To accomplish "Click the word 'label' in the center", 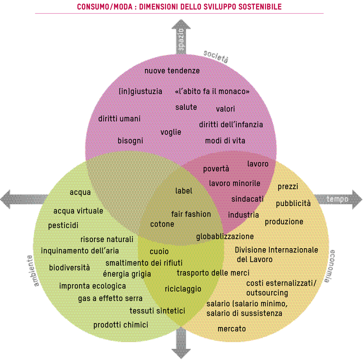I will coord(184,191).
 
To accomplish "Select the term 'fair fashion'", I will coord(191,214).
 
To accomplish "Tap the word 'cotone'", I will coord(162,224).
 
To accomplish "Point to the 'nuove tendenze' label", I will coord(172,71).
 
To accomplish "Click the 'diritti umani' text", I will coord(119,119).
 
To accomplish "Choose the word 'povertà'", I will coord(216,169).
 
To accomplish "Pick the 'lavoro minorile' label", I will coord(234,183).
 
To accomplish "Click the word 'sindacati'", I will coord(248,199).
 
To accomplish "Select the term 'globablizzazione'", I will coord(225,237).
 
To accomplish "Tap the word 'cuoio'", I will coord(159,251).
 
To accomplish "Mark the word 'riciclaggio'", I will coord(183,289).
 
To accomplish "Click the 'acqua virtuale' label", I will coord(78,211).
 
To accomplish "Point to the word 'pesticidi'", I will coord(63,226).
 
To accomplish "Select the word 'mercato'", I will coord(232,329).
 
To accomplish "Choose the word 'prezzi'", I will coord(288,187).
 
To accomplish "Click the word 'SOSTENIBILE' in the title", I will coord(260,7).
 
